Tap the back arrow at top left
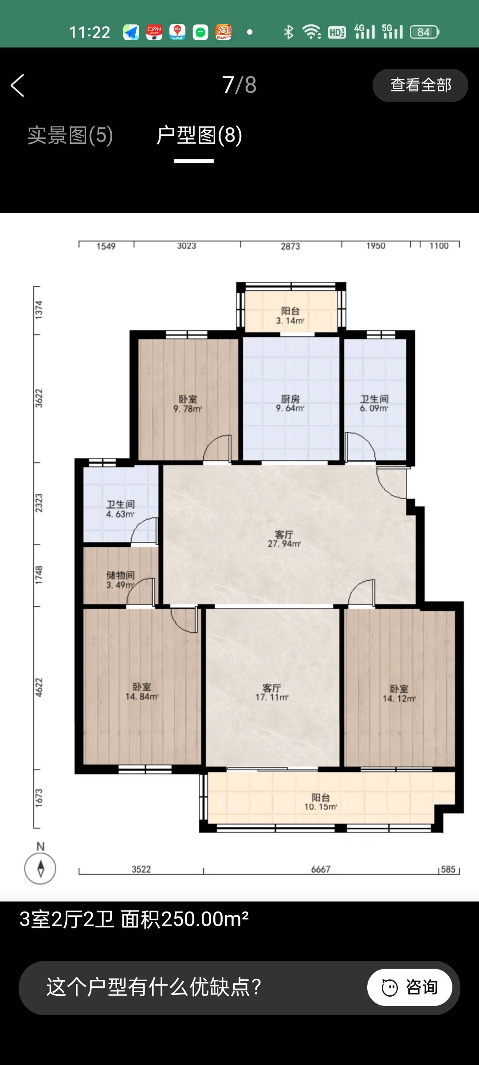17,85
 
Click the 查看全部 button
420,85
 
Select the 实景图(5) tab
70,135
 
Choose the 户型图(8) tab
199,135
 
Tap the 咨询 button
409,987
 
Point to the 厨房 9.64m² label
291,403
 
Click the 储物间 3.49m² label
120,580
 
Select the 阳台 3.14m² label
291,316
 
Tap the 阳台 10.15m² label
321,802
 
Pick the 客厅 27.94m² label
284,539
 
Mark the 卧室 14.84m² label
142,692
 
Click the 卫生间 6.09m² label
374,403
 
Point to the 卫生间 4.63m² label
120,509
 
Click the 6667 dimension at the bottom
321,869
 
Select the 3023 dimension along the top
187,246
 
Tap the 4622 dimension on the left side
39,687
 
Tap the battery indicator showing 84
424,32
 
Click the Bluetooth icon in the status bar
289,32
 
